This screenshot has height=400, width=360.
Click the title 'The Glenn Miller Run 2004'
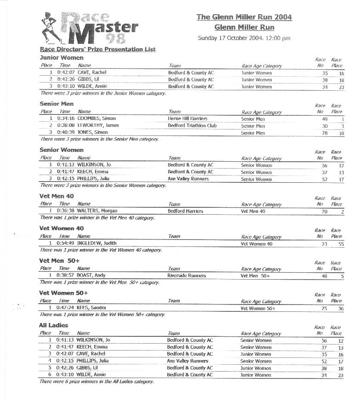tap(244, 17)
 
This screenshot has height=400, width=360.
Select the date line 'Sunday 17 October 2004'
tap(244, 38)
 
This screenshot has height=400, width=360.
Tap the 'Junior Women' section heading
tap(62, 58)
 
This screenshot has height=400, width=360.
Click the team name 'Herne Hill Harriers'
tap(188, 119)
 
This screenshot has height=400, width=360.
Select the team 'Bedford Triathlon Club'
tap(192, 126)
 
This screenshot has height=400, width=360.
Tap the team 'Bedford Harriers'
tap(185, 211)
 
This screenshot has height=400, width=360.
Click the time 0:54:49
tap(65, 243)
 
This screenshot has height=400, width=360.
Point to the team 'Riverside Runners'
tap(187, 276)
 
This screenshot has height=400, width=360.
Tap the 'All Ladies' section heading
tap(53, 326)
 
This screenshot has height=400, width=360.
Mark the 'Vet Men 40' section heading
tap(56, 196)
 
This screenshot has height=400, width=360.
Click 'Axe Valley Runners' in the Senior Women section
tap(188, 179)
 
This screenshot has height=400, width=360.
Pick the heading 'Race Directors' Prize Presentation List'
tap(98, 49)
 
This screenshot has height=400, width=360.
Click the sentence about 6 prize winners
tap(96, 382)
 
